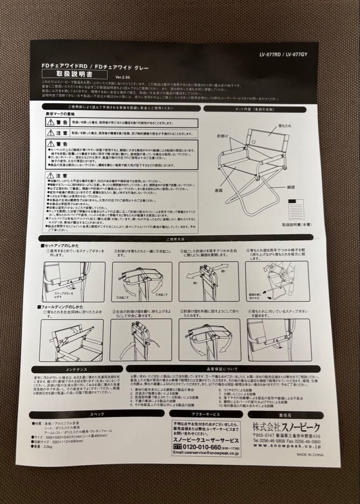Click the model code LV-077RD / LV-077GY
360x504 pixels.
[290, 54]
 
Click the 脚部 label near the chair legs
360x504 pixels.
[291, 187]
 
